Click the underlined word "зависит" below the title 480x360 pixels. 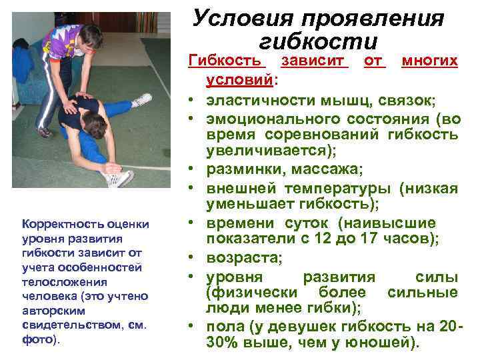coord(315,61)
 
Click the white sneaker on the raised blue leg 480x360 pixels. coord(143,100)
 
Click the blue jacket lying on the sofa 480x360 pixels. coord(23,64)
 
